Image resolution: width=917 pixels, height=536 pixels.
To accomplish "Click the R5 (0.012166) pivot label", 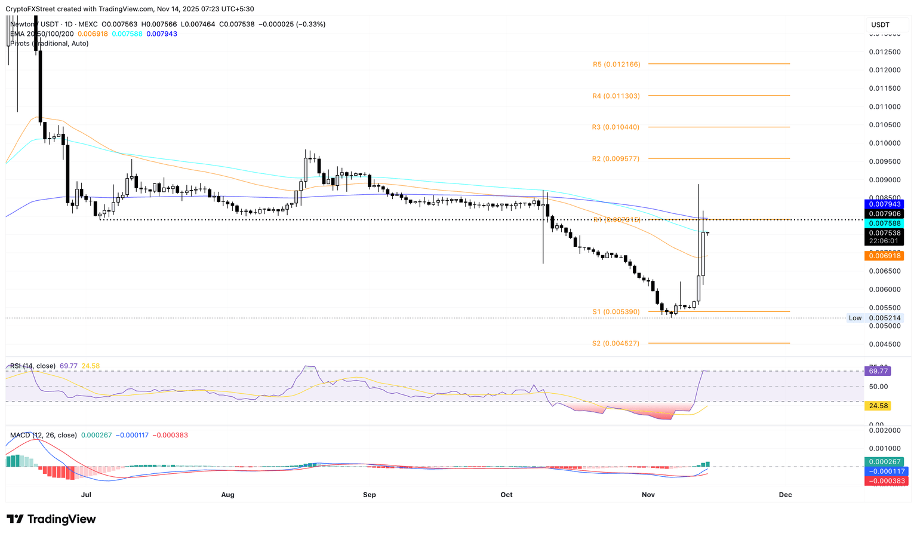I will tap(616, 64).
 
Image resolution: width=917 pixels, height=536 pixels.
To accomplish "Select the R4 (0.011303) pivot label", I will tap(616, 96).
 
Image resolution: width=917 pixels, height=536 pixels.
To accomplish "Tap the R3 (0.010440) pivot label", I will tap(616, 127).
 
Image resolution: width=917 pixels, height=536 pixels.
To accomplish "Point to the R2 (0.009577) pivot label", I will tap(616, 159).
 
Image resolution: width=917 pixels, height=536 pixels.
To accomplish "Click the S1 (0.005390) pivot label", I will tap(616, 312).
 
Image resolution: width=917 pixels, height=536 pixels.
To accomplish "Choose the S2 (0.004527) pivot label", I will tap(616, 344).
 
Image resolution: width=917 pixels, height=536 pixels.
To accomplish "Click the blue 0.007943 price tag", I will tap(884, 204).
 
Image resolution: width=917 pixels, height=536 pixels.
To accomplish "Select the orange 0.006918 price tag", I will tap(884, 256).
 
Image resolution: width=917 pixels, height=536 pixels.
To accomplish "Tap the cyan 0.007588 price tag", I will tap(884, 223).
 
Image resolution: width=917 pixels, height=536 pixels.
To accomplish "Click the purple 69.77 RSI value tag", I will tap(878, 371).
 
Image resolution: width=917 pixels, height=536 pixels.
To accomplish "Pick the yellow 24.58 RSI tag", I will tap(878, 406).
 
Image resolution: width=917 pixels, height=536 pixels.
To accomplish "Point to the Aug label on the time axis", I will tap(227, 495).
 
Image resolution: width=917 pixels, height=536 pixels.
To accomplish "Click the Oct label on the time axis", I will tap(506, 495).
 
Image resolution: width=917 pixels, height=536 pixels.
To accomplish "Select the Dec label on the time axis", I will tap(785, 495).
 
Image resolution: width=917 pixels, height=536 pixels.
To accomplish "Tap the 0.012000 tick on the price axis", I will tap(884, 71).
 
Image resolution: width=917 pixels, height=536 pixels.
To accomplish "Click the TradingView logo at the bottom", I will tap(51, 519).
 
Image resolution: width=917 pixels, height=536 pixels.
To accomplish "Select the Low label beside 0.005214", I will tap(855, 318).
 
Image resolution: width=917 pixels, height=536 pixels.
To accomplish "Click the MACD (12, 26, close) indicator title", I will tap(43, 435).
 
